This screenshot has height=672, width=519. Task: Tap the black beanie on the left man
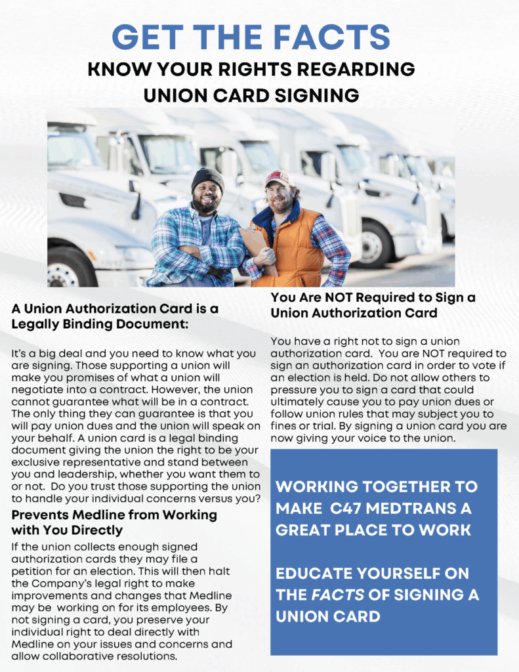click(207, 178)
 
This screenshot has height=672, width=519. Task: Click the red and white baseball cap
click(278, 177)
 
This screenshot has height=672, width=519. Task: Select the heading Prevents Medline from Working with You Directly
click(114, 522)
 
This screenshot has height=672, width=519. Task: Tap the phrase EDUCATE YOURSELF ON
click(372, 574)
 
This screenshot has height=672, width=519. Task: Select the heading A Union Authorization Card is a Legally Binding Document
click(115, 316)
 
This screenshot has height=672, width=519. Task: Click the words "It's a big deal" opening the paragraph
click(44, 354)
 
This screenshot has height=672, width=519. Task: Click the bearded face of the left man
click(207, 194)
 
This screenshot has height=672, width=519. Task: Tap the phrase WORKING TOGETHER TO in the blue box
click(377, 487)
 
